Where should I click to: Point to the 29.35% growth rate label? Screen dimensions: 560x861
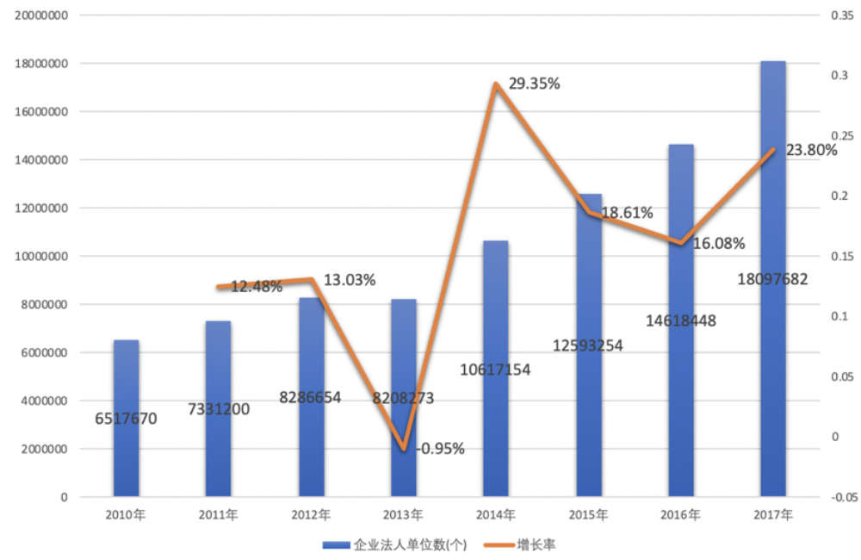coord(534,84)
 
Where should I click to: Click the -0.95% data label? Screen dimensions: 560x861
coord(440,448)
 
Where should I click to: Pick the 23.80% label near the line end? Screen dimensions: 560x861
coord(811,151)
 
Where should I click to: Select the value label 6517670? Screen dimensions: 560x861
coord(126,420)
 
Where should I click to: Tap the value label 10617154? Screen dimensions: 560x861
coord(495,370)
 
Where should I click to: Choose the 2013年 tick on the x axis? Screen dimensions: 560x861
coord(403,515)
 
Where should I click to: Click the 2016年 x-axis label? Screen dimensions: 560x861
coord(680,515)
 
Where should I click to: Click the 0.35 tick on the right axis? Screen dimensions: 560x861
coord(839,16)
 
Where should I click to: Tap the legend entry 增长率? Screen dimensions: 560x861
coord(530,544)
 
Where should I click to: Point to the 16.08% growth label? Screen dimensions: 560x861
coord(718,243)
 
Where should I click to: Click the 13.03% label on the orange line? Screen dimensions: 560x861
coord(349,280)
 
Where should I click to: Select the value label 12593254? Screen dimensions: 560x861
coord(588,345)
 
